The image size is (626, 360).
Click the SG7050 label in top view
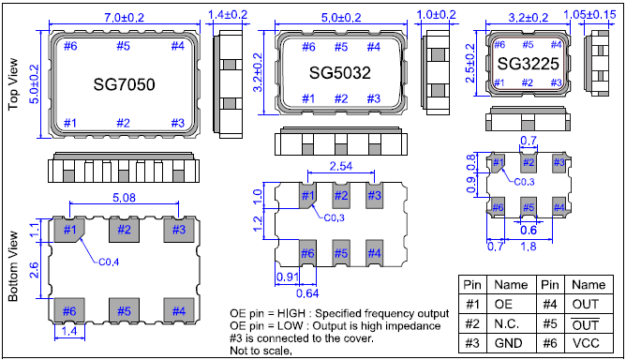pos(125,84)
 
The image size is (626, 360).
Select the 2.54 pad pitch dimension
pos(340,166)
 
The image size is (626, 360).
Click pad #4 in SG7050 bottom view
pos(177,310)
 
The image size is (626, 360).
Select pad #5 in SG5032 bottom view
pos(341,252)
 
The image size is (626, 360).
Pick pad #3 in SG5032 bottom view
pos(374,196)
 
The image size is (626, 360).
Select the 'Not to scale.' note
pos(261,350)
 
